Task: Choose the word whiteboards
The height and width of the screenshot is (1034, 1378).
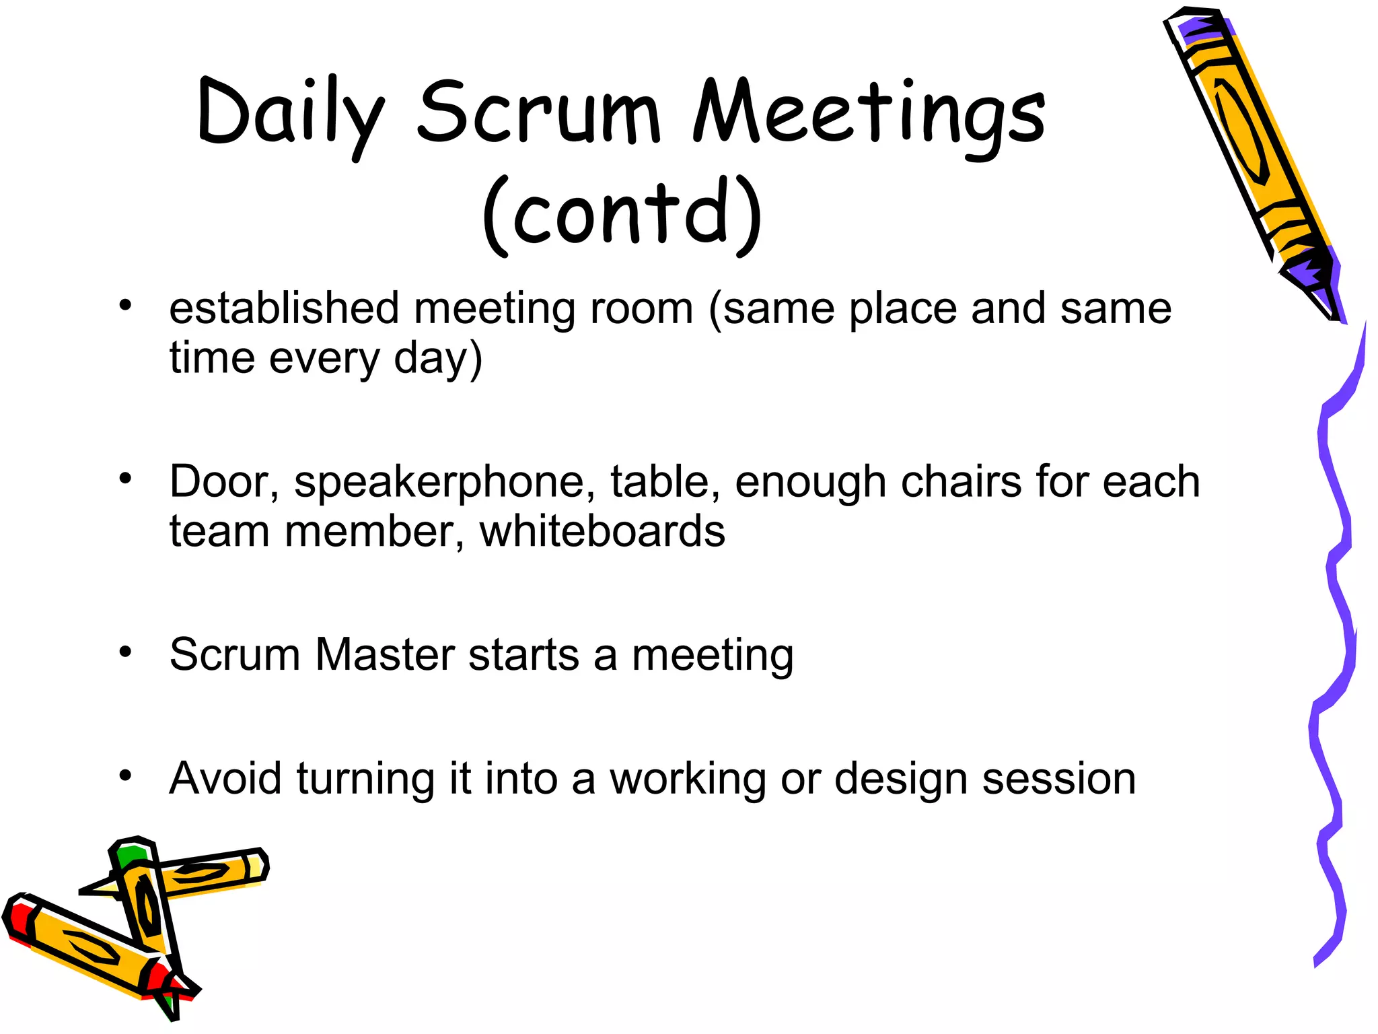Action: [602, 531]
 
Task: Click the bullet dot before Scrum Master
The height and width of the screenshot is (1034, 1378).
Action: [125, 652]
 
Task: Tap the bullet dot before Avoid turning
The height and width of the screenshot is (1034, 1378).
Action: [125, 775]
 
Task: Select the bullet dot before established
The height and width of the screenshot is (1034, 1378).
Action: [125, 306]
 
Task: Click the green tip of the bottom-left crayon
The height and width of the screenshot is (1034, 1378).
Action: [129, 855]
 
